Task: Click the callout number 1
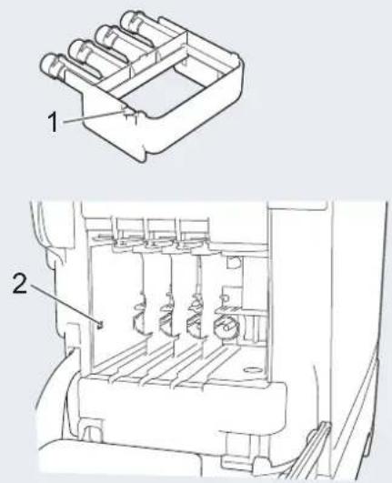(53, 122)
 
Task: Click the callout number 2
(20, 284)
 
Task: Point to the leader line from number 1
(94, 116)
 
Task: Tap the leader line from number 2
(64, 305)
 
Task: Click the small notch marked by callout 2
(100, 325)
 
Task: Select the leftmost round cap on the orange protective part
(48, 64)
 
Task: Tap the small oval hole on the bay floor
(253, 369)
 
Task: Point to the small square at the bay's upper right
(235, 262)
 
